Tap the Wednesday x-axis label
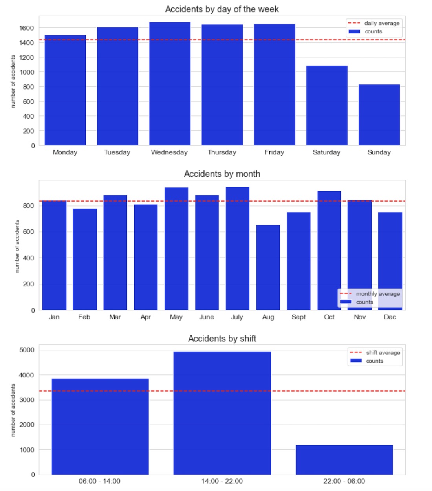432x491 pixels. click(169, 152)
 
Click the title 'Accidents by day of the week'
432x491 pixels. click(222, 9)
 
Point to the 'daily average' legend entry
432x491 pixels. click(381, 23)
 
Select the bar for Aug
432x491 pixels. click(268, 267)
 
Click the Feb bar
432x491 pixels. click(85, 259)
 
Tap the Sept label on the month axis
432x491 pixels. click(298, 317)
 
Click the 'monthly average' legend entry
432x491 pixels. click(377, 294)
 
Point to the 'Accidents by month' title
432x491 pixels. click(222, 174)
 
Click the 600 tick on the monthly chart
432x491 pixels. click(28, 232)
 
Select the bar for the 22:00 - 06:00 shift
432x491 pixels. click(344, 460)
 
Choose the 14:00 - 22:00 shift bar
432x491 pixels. click(222, 412)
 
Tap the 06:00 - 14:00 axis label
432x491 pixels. click(99, 481)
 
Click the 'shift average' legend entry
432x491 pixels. click(383, 353)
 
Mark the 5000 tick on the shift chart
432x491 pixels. click(27, 350)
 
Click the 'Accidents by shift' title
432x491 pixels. click(222, 339)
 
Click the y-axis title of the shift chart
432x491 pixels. click(13, 410)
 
